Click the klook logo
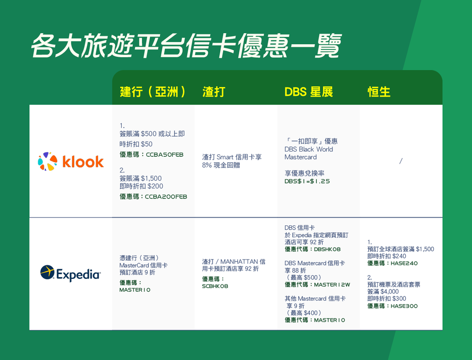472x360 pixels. point(71,161)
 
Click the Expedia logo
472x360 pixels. point(71,273)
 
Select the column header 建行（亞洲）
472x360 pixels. point(153,92)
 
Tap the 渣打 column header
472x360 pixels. point(214,92)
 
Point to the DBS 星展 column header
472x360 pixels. point(308,92)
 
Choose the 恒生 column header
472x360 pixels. point(379,92)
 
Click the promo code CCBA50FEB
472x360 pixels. point(165,155)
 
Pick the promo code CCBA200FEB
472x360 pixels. point(166,196)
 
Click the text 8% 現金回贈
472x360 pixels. point(221,165)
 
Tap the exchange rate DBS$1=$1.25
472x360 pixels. point(307,181)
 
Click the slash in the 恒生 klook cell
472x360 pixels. point(401,161)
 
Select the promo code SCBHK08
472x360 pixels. point(215,286)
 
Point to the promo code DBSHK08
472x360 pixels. point(327,249)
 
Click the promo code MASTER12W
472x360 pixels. point(332,285)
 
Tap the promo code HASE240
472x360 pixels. point(404,263)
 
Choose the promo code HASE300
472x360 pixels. point(404,306)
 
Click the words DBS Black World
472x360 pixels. point(308,149)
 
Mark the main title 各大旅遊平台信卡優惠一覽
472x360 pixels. point(186,46)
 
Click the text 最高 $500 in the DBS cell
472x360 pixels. point(304,277)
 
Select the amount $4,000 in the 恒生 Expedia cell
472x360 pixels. point(389,291)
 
